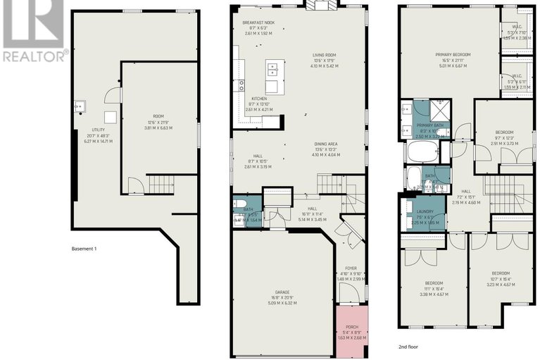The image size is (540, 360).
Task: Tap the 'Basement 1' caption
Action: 89,249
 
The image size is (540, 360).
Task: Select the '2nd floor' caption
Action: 408,347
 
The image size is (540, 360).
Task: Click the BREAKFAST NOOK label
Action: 257,22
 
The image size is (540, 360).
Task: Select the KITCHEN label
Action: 258,99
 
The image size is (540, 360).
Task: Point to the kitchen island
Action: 274,70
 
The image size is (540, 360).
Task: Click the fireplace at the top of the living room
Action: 320,6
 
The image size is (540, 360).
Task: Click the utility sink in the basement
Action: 79,107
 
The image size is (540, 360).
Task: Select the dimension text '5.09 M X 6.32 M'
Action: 282,303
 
